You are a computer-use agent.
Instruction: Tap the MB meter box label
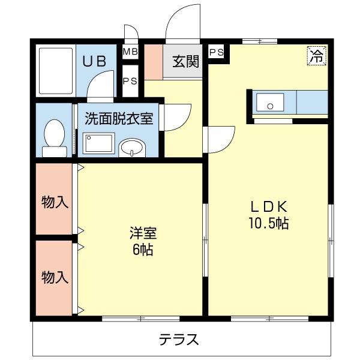[x=130, y=52]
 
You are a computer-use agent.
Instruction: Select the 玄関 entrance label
[x=186, y=61]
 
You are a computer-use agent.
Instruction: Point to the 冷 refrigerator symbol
[x=316, y=56]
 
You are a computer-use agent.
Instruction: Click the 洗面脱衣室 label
[x=118, y=118]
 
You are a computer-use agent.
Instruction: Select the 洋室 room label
[x=143, y=232]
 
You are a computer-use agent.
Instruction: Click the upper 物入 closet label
[x=54, y=202]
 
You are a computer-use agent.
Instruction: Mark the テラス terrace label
[x=179, y=340]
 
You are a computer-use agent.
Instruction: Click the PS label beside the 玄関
[x=217, y=52]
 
